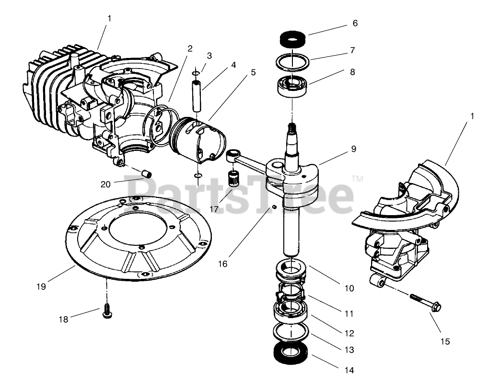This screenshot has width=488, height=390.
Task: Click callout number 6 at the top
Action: point(355,23)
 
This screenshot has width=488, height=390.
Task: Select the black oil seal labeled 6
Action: point(292,38)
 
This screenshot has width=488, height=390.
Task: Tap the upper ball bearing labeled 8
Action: point(292,86)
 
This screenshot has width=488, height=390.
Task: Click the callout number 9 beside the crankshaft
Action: point(353,149)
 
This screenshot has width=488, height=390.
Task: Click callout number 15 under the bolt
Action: point(445,342)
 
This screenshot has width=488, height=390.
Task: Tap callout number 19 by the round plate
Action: point(41,287)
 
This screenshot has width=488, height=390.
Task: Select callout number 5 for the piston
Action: point(253,72)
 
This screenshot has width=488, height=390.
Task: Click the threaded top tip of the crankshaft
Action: point(290,127)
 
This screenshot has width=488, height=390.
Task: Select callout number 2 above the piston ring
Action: point(190,48)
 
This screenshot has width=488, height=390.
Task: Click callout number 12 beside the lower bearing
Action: point(349,332)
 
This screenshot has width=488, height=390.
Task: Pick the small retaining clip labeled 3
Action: point(196,72)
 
